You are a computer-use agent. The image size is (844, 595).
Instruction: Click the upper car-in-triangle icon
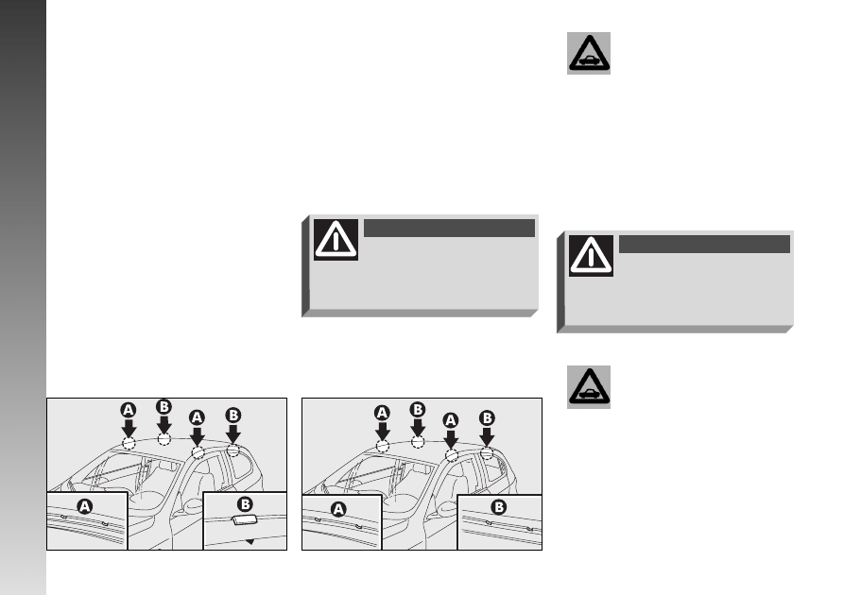click(x=589, y=53)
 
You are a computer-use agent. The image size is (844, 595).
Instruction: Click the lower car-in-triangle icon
click(x=589, y=387)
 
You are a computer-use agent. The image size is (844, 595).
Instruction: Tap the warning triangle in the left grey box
click(x=336, y=239)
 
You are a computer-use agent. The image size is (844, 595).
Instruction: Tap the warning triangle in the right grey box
click(x=591, y=256)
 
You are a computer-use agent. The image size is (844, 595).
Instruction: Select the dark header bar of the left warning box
click(x=450, y=228)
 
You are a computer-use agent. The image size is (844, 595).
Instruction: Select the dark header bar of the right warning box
click(x=704, y=244)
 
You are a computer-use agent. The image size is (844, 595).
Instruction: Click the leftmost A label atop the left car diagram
click(x=129, y=411)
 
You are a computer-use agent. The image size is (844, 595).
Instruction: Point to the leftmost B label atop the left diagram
click(x=164, y=407)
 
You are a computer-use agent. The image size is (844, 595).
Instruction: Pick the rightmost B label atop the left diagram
click(x=233, y=416)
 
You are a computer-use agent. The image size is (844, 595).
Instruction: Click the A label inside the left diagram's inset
click(x=84, y=506)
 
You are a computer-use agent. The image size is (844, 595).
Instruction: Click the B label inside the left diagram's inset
click(x=245, y=504)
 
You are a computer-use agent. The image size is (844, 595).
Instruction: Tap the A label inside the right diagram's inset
click(x=338, y=509)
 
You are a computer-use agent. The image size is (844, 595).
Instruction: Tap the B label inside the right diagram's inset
click(x=499, y=507)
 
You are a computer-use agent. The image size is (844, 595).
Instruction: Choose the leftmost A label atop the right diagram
click(x=382, y=413)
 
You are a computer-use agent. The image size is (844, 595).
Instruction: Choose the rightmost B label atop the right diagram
click(x=487, y=418)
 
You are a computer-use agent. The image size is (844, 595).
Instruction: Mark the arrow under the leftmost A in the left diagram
click(x=129, y=428)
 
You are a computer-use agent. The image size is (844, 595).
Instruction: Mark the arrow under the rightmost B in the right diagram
click(x=487, y=436)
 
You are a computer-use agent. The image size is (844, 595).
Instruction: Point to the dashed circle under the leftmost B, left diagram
click(x=164, y=439)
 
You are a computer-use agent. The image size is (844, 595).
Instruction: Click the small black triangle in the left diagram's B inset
click(x=250, y=541)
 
